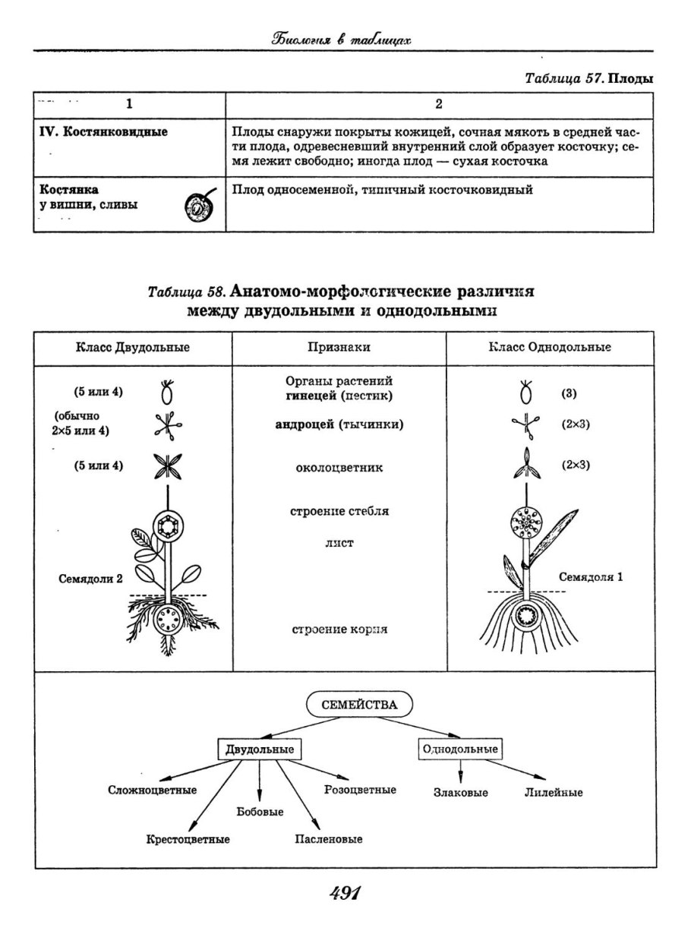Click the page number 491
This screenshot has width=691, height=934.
click(345, 894)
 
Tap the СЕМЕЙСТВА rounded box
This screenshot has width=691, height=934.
click(358, 704)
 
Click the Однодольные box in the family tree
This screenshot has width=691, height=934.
click(460, 749)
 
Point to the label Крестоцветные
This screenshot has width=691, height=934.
click(188, 839)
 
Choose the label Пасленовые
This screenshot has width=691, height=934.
click(328, 839)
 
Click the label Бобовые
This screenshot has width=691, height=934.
click(260, 812)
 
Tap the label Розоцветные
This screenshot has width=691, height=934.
click(360, 790)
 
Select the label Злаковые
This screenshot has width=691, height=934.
click(460, 792)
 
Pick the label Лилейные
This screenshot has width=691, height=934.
click(553, 792)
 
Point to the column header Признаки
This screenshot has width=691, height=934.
click(339, 347)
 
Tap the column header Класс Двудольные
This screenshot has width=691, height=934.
click(132, 347)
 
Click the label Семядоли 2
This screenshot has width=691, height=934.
click(90, 579)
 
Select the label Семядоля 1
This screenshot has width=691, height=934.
click(591, 576)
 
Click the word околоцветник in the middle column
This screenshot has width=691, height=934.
click(339, 468)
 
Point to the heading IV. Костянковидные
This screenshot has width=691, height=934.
click(103, 131)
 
